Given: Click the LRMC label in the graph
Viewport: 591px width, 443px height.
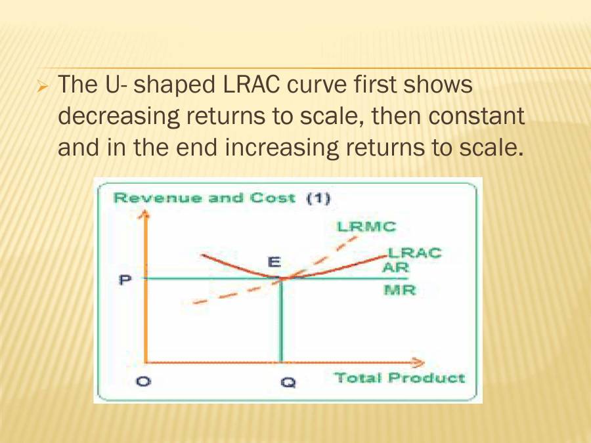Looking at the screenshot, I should pos(366,227).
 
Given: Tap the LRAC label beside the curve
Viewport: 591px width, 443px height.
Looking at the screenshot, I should pos(414,253).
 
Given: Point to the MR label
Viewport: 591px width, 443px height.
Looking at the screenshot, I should pos(399,289).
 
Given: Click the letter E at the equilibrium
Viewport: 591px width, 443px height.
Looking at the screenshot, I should pos(274,262).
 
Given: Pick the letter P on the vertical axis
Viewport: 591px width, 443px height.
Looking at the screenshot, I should pos(125,280).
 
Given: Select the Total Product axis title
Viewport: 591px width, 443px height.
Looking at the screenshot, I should pos(399,378).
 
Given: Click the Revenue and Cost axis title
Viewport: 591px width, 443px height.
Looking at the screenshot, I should pos(204,198).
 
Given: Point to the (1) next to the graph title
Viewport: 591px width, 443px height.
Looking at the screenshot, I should pos(318,198).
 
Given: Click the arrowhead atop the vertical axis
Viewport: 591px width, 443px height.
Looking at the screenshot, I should pos(146,214).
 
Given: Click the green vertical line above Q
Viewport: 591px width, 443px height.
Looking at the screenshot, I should pos(281,322).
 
